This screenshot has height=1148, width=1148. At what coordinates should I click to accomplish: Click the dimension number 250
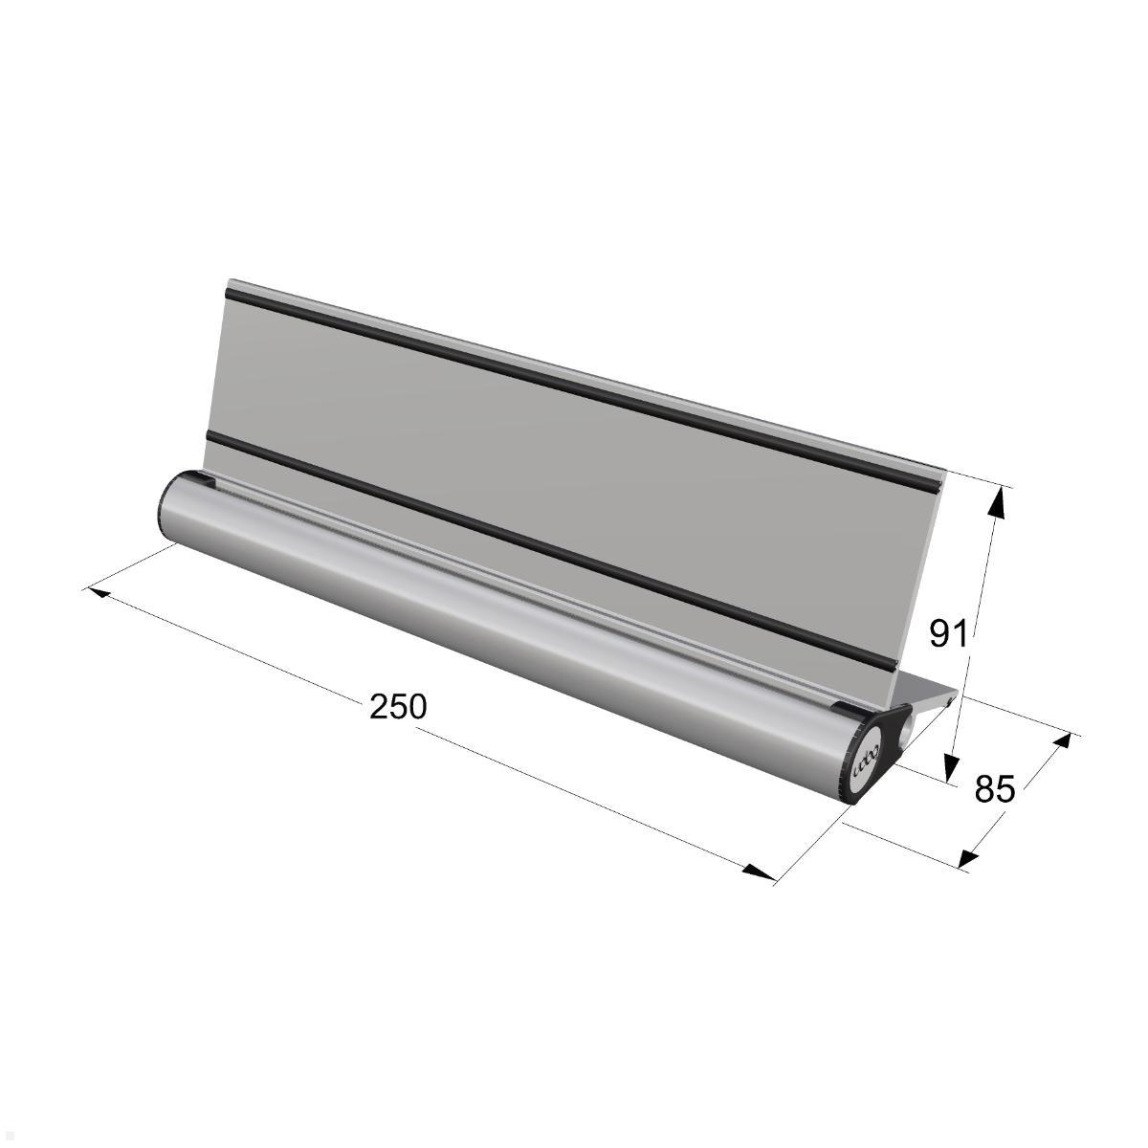[398, 707]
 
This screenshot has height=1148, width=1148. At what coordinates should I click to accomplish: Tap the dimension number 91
[949, 632]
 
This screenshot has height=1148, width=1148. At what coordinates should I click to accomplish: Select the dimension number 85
[995, 788]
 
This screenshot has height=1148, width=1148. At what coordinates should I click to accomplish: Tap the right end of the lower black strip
[894, 667]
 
